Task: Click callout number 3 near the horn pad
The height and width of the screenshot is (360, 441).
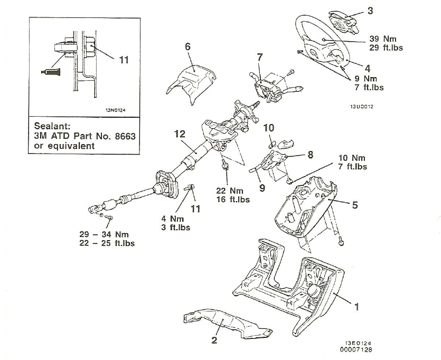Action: coord(370,11)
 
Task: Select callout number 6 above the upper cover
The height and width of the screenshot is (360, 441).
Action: coord(187,46)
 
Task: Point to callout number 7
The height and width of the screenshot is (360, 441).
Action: coord(259,56)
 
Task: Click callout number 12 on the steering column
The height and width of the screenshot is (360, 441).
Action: coord(180,134)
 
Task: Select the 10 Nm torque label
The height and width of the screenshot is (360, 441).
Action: coord(350,158)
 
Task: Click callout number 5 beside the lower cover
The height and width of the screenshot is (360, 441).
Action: coord(355,205)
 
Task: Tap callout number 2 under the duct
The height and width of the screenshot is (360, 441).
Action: coord(214,340)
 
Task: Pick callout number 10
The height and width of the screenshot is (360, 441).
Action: coord(269,128)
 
